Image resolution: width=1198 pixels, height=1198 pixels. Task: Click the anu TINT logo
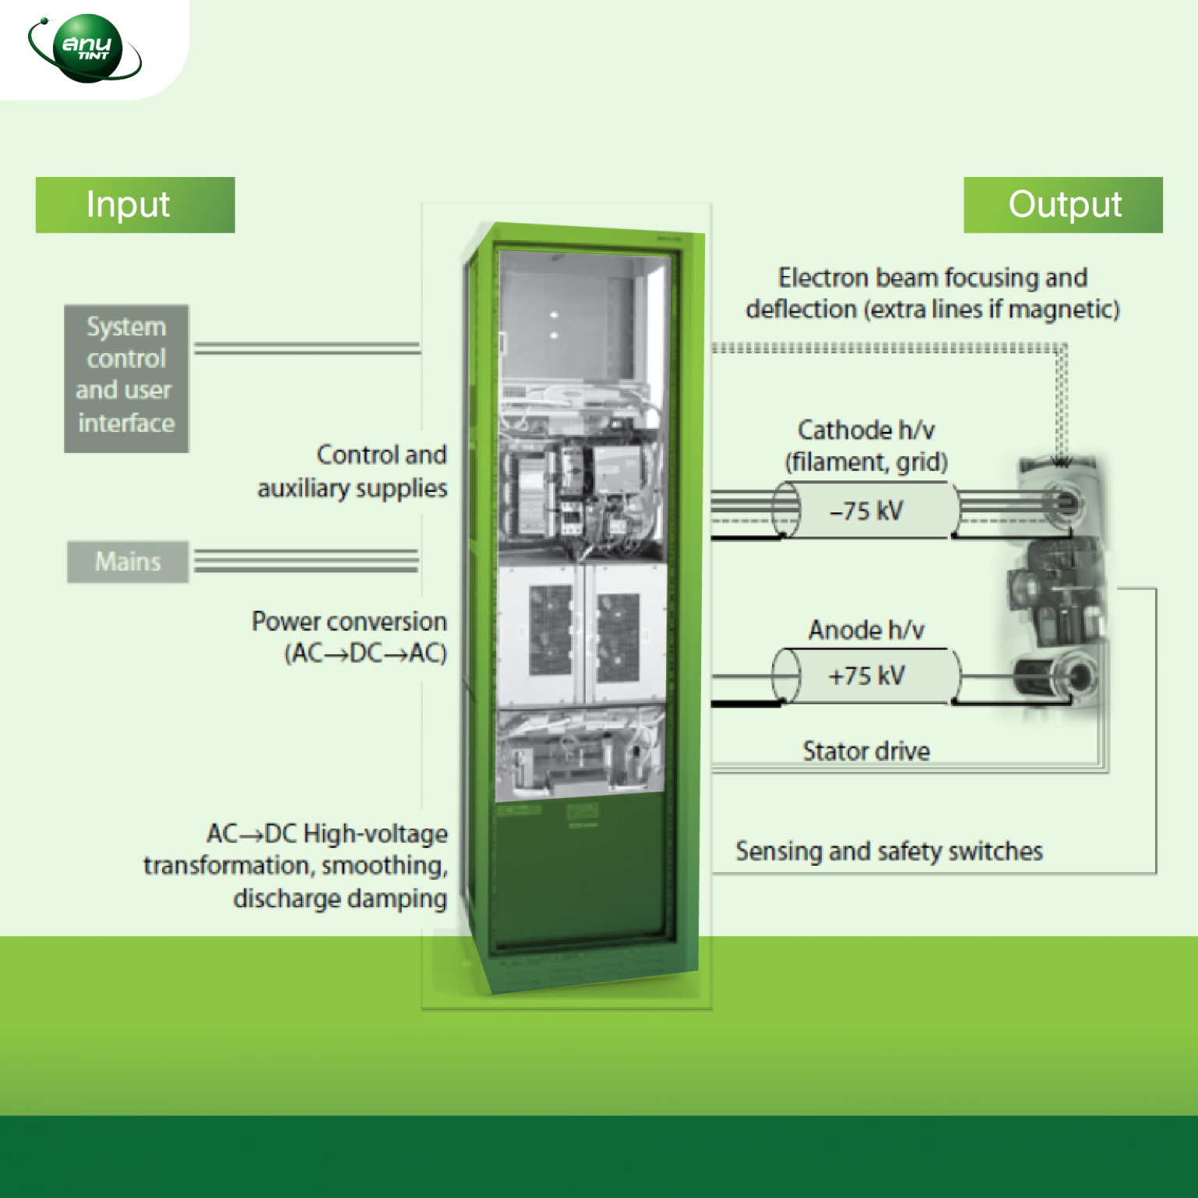pos(86,48)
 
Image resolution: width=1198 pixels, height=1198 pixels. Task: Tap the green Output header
pos(1063,205)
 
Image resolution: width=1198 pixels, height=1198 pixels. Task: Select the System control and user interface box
pos(126,378)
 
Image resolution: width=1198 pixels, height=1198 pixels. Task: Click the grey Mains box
pos(128,562)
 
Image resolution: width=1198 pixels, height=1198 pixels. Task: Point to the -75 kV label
pos(867,511)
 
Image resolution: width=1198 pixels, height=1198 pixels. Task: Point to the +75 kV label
pos(867,675)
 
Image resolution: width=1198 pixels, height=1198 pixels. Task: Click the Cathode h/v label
pos(866,431)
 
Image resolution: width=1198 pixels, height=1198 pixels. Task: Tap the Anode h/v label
pos(866,629)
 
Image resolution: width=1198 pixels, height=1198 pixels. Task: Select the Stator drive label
pos(866,751)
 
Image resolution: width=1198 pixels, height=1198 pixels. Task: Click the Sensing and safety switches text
pos(888,851)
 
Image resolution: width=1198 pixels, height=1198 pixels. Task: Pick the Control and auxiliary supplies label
pos(353,471)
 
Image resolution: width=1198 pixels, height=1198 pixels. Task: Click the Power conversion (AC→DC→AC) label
pos(349,636)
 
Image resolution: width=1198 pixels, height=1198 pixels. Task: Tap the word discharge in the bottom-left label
pos(284,898)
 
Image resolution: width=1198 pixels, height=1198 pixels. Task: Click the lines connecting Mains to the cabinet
pos(306,561)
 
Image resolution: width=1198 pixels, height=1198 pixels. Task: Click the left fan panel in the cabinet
pos(551,630)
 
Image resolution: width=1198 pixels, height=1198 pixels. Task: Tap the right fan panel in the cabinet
pos(619,636)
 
